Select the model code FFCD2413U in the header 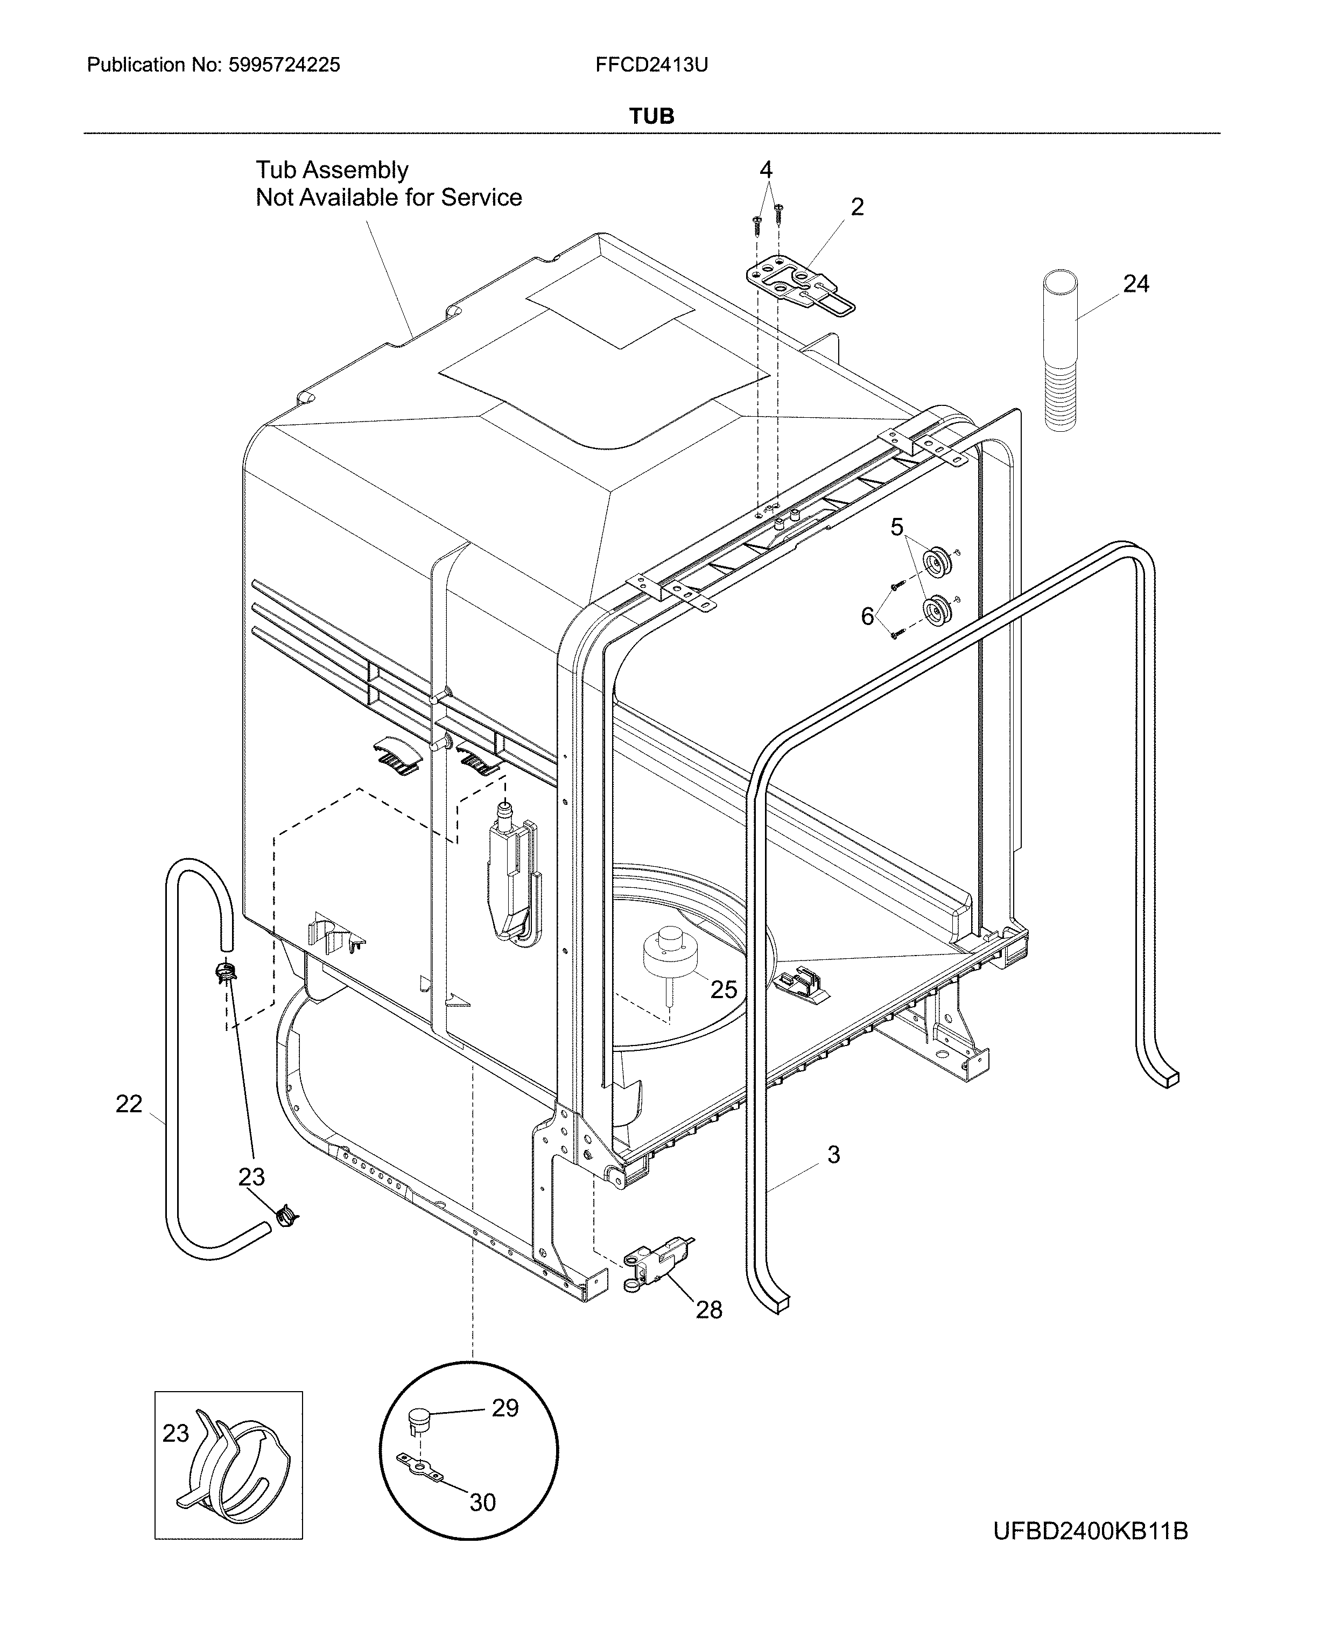[651, 65]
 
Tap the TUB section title [651, 116]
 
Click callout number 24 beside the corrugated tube [1136, 284]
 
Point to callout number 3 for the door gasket [833, 1154]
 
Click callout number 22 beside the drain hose [129, 1103]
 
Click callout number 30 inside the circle [482, 1502]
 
